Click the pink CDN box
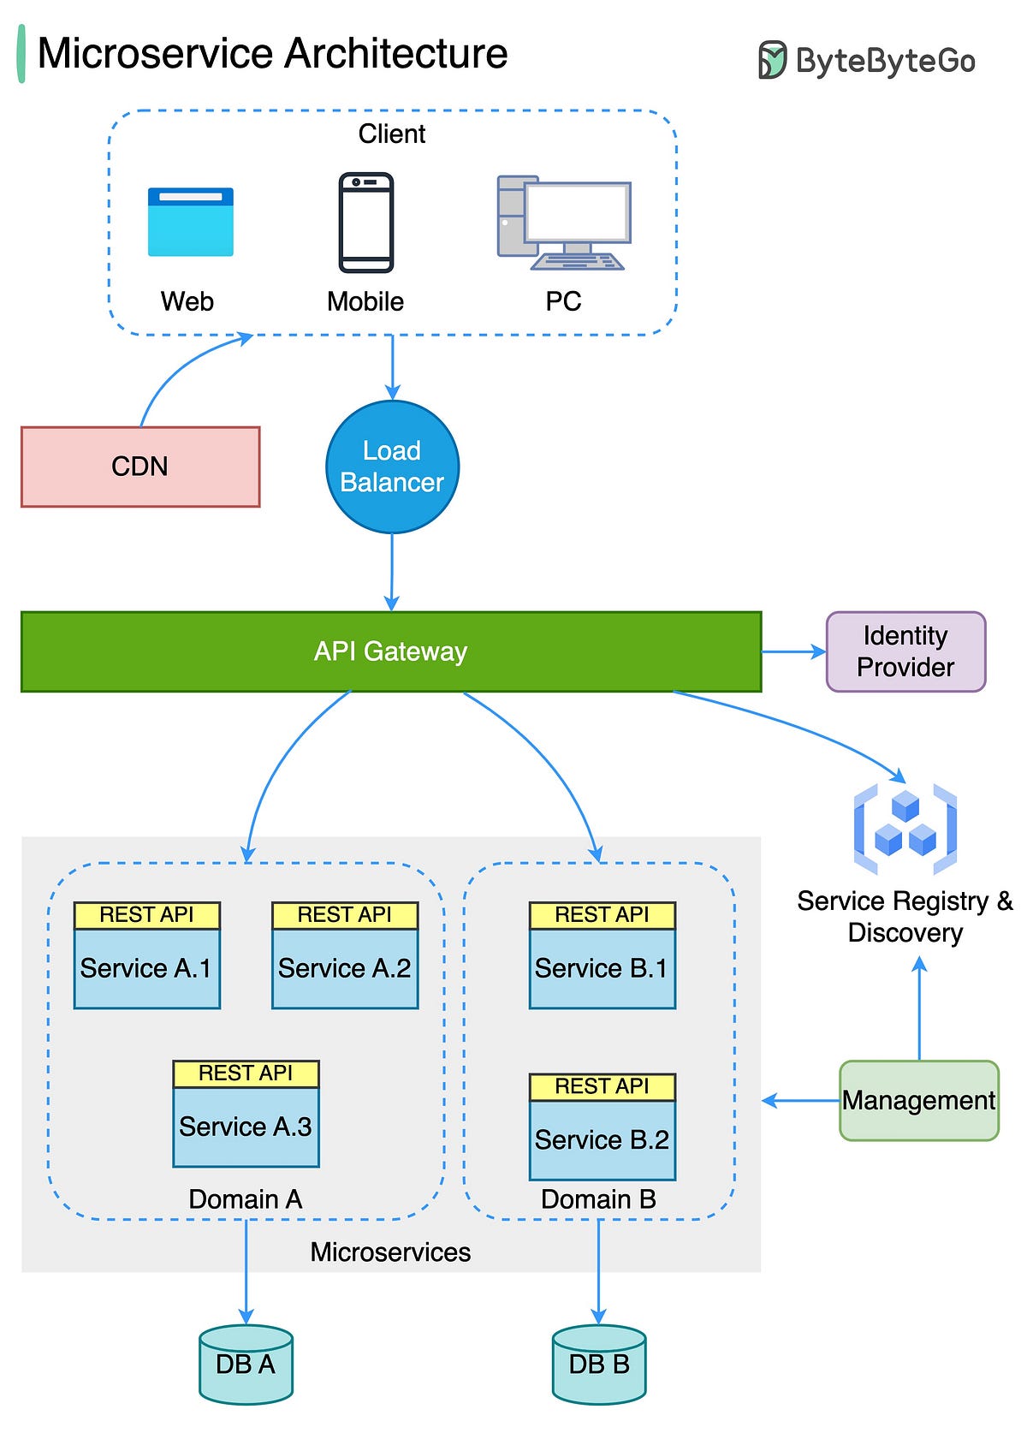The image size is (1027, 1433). (x=140, y=467)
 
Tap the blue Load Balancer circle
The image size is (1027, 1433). (x=392, y=467)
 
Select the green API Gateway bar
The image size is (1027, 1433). (x=390, y=651)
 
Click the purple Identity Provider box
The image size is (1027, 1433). (x=905, y=651)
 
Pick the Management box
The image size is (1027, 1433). (x=918, y=1100)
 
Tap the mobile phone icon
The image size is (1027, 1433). (x=366, y=223)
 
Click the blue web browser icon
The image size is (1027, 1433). (x=190, y=223)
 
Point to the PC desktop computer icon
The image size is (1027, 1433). (x=564, y=223)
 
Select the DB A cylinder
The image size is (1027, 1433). (x=246, y=1365)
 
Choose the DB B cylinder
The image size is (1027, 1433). (x=599, y=1365)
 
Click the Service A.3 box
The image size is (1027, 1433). (x=246, y=1127)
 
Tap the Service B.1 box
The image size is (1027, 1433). (x=602, y=968)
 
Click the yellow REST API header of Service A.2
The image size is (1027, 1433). (x=345, y=915)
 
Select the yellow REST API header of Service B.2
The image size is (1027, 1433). (x=602, y=1086)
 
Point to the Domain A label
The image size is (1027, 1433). (x=246, y=1199)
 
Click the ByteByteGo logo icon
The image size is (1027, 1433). (x=771, y=60)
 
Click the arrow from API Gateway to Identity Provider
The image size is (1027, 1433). (x=793, y=651)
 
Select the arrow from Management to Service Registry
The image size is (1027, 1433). (x=919, y=1010)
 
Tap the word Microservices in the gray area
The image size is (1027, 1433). (x=390, y=1252)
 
